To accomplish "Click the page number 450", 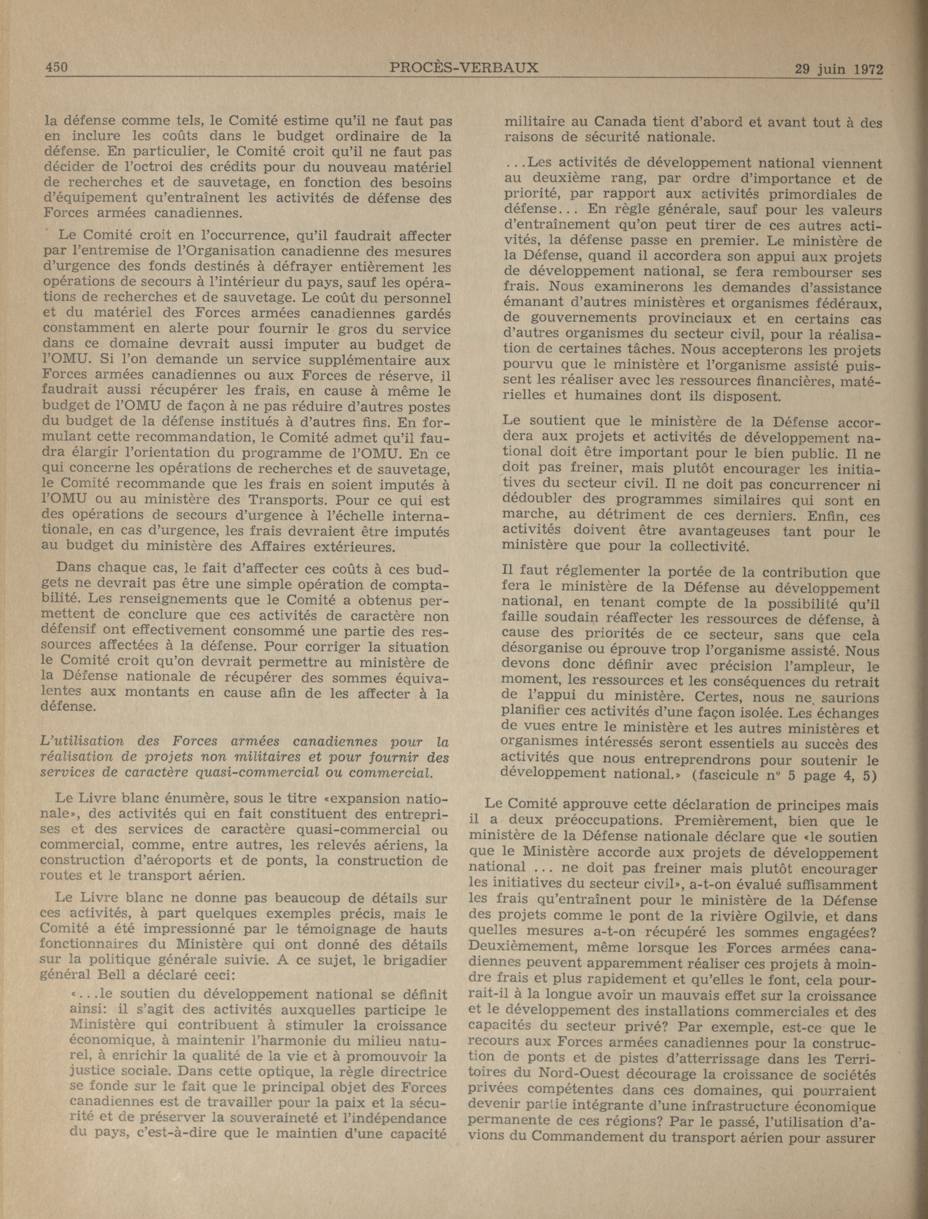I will click(56, 68).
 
